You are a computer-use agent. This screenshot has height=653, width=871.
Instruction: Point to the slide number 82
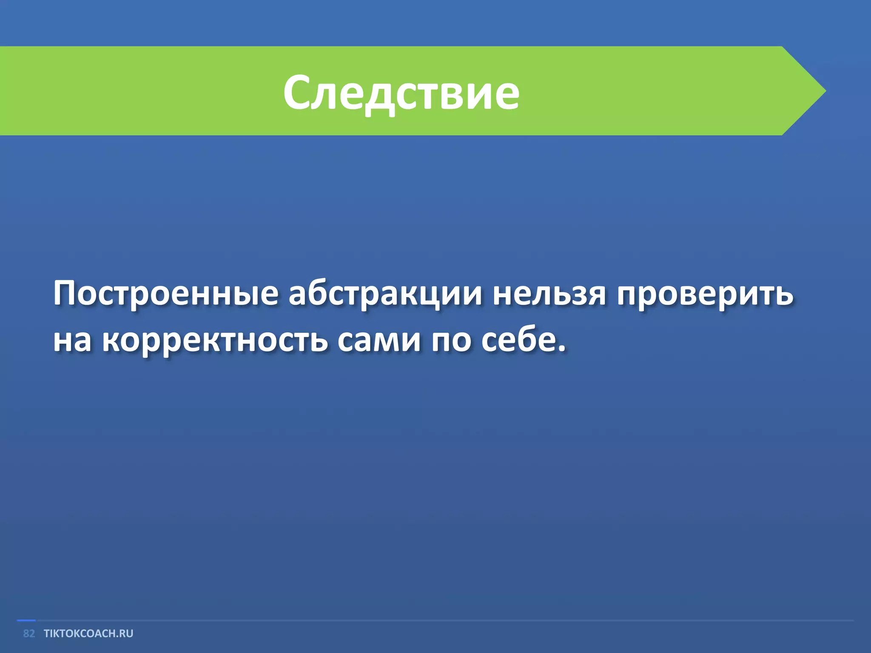(29, 633)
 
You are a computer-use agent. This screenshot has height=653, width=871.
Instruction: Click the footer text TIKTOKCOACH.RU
(88, 633)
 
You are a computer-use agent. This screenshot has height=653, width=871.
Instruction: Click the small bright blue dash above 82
(26, 621)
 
